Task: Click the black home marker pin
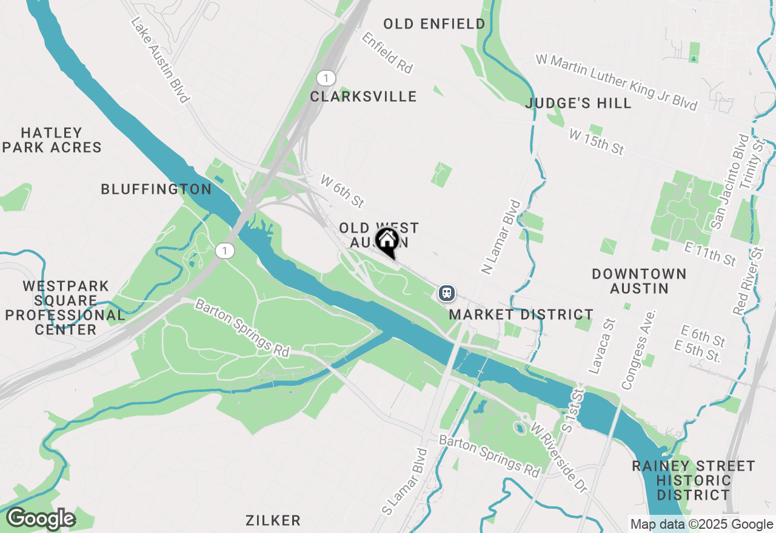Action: (x=387, y=242)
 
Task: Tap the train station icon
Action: (x=447, y=293)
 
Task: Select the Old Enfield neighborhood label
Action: (x=434, y=24)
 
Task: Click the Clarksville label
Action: (x=363, y=97)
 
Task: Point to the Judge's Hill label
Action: (x=578, y=104)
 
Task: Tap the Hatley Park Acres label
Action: (x=52, y=140)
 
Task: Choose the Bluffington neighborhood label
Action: (x=156, y=190)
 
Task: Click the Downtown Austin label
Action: (x=639, y=281)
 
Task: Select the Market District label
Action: (x=521, y=315)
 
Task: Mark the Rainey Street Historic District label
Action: (x=694, y=480)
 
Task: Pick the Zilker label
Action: (x=273, y=520)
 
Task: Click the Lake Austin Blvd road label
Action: (x=161, y=59)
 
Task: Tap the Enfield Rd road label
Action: (x=387, y=53)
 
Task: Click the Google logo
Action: (x=40, y=519)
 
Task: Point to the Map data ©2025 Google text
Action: (x=701, y=525)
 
